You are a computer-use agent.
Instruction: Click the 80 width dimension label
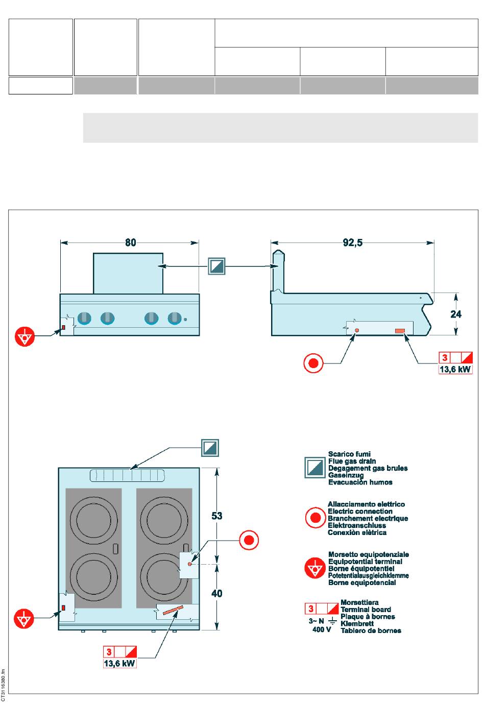tap(130, 242)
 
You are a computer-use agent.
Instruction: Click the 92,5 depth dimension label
tap(352, 242)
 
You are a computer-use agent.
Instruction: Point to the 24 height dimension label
tap(456, 314)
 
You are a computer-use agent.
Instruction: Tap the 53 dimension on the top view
tap(217, 516)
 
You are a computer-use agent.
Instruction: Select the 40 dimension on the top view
tap(217, 593)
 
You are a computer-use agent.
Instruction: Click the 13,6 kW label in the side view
tap(455, 369)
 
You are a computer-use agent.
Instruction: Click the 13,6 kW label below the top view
tap(119, 664)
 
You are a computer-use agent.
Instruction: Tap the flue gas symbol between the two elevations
tap(216, 266)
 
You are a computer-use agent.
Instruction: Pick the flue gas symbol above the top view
tap(210, 448)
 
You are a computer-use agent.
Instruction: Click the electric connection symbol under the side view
tap(313, 363)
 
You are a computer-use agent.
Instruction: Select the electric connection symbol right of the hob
tap(249, 540)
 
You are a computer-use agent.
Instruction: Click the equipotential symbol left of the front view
tap(25, 336)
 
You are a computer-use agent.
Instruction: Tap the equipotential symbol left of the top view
tap(23, 618)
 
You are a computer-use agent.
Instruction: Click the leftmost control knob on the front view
tap(84, 318)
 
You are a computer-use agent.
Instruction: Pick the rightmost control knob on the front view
tap(175, 318)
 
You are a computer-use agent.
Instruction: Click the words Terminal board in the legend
tap(366, 610)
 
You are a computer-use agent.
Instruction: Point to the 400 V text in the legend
tap(321, 629)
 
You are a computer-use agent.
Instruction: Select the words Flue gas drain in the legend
tap(352, 461)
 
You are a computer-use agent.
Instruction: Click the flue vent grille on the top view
tap(127, 475)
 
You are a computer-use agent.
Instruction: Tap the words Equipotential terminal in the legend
tap(365, 562)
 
